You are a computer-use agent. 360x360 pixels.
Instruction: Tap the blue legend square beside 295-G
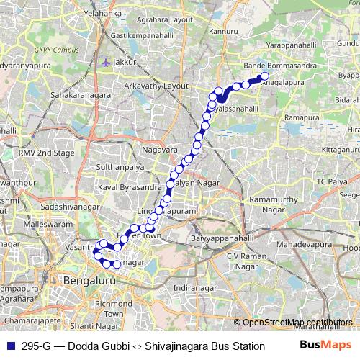(9, 346)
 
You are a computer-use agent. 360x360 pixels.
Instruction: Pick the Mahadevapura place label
(302, 245)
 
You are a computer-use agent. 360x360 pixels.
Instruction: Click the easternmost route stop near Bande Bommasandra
(264, 76)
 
